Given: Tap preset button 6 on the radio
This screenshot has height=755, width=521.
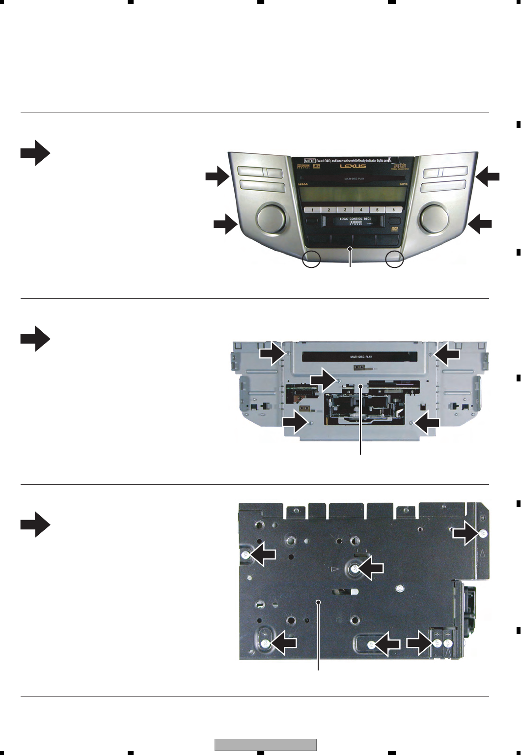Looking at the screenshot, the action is (393, 210).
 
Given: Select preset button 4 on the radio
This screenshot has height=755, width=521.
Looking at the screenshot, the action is (361, 210).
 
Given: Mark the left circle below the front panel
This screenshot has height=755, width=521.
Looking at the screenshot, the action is (311, 259).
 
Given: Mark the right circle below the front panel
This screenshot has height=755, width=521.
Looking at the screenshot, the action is (394, 259).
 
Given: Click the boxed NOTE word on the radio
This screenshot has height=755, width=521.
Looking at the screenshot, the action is (310, 160).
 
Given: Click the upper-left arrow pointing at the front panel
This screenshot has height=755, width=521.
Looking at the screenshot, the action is (217, 176).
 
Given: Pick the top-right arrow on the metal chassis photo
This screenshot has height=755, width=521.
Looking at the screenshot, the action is (447, 354).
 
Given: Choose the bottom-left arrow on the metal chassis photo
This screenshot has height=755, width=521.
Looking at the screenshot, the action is (296, 423).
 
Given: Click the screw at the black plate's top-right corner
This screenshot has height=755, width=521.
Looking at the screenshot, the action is (484, 534).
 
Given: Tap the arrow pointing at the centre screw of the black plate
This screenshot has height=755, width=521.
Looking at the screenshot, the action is (370, 568).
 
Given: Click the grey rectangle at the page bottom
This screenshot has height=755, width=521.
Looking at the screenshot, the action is (266, 745).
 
